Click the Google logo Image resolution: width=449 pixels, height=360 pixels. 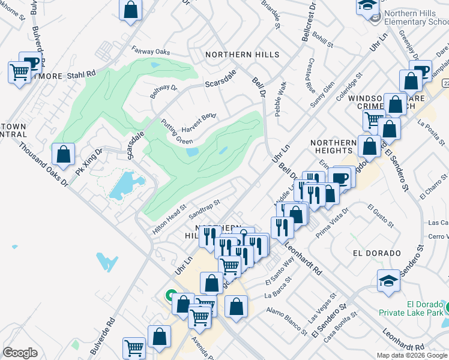(20, 353)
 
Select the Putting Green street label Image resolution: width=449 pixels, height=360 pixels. (176, 132)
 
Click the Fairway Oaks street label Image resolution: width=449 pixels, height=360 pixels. (151, 53)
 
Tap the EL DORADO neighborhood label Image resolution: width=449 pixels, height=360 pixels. (377, 253)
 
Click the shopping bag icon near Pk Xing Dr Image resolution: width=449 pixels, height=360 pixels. (63, 155)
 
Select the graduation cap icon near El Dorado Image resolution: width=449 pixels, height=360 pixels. (388, 280)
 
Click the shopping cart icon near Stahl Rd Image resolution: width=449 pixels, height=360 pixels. (19, 73)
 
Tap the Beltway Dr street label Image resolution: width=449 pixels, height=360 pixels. (163, 92)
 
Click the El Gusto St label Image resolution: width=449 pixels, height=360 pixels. (380, 216)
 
